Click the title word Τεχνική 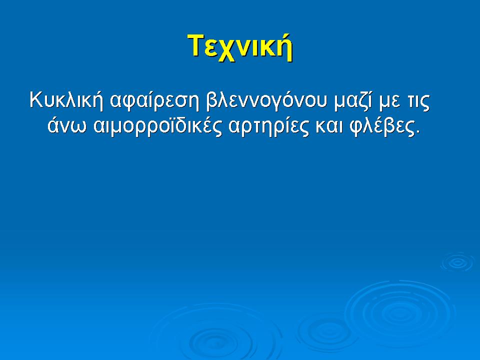pyautogui.click(x=240, y=47)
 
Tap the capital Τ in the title pyautogui.click(x=195, y=46)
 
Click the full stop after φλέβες pyautogui.click(x=416, y=133)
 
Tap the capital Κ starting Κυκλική pyautogui.click(x=36, y=99)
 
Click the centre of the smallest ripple pyautogui.click(x=456, y=261)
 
